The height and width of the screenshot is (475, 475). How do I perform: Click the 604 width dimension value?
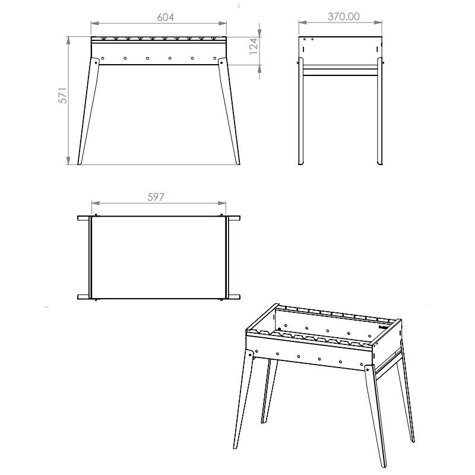[166, 17]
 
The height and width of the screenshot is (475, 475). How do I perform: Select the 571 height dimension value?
[63, 96]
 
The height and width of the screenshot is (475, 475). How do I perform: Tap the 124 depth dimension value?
[254, 46]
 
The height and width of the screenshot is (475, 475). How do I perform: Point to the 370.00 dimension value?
[344, 17]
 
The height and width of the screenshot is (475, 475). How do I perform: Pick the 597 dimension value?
[156, 197]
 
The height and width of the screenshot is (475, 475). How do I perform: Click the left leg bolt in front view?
[96, 63]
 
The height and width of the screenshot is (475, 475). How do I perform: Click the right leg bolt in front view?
[221, 63]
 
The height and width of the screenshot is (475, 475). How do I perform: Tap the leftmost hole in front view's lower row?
[103, 58]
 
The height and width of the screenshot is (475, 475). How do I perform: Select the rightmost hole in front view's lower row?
[215, 58]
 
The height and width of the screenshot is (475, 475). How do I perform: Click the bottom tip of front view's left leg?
[80, 164]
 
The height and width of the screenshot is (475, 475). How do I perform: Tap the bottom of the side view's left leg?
[301, 164]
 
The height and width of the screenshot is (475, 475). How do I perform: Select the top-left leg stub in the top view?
[83, 218]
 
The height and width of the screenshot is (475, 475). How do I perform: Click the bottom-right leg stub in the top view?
[234, 297]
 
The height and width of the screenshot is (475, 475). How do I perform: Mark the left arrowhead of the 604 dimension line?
[95, 23]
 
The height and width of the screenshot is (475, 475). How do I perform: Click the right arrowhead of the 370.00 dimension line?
[378, 23]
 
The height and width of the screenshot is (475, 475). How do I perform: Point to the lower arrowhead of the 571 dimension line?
[68, 161]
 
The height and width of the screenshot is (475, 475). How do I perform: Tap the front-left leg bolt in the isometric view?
[250, 353]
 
